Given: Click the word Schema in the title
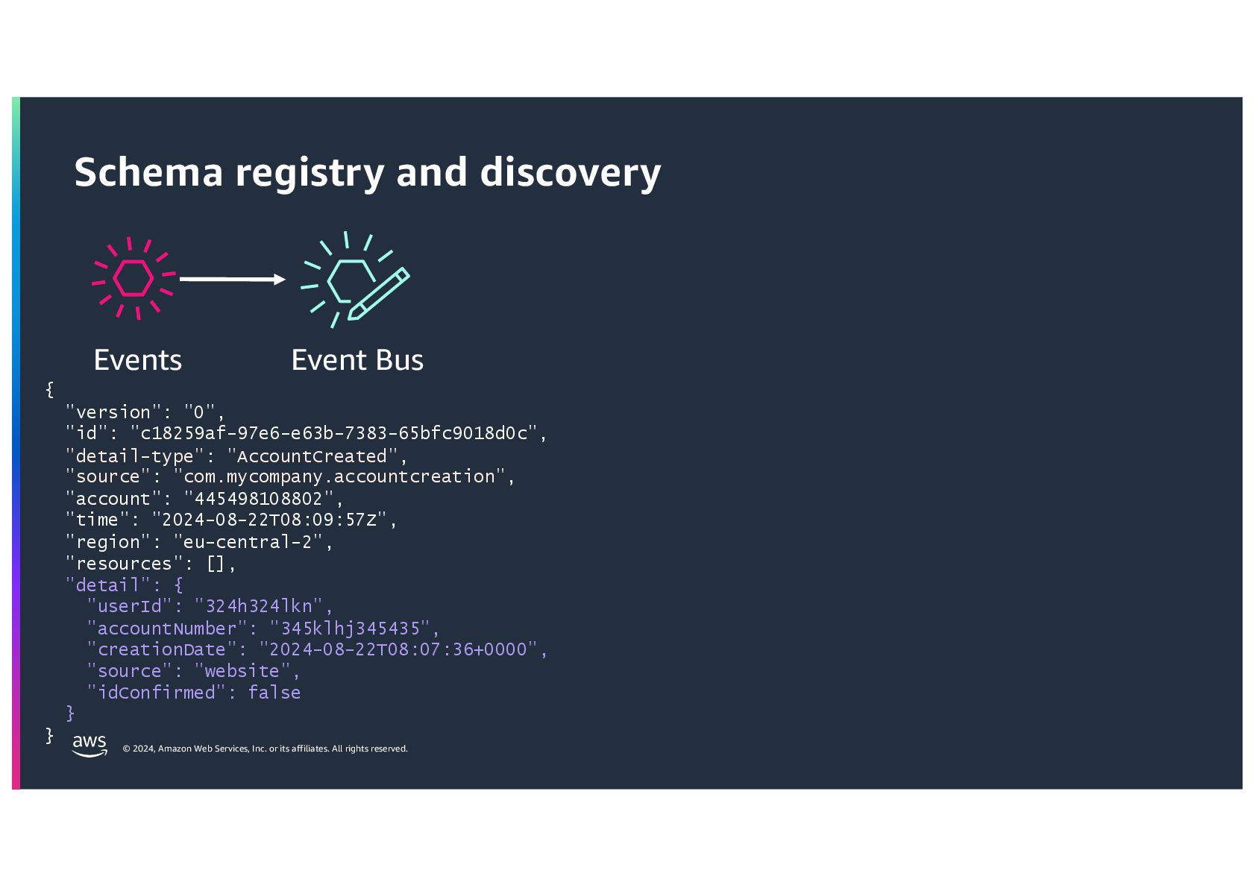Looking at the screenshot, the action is click(148, 172).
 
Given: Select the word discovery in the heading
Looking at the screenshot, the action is click(571, 172).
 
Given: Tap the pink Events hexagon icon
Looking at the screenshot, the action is click(134, 279).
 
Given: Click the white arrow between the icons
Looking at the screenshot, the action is click(232, 279).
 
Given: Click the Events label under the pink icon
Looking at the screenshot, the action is click(138, 360).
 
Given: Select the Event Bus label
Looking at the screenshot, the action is click(357, 360).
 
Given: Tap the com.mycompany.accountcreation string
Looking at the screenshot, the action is click(339, 476).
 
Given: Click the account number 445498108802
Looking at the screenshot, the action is click(258, 498).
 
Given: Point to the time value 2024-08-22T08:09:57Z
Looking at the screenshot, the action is click(269, 520).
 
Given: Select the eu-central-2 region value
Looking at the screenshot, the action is click(248, 541).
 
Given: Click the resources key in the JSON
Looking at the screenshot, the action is click(124, 564).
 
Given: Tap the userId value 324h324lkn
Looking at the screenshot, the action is click(259, 606).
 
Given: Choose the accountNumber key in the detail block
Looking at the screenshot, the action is click(167, 629).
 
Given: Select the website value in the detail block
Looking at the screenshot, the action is click(242, 671).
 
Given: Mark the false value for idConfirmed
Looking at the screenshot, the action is click(274, 693).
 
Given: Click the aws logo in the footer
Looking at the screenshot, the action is click(90, 744).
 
